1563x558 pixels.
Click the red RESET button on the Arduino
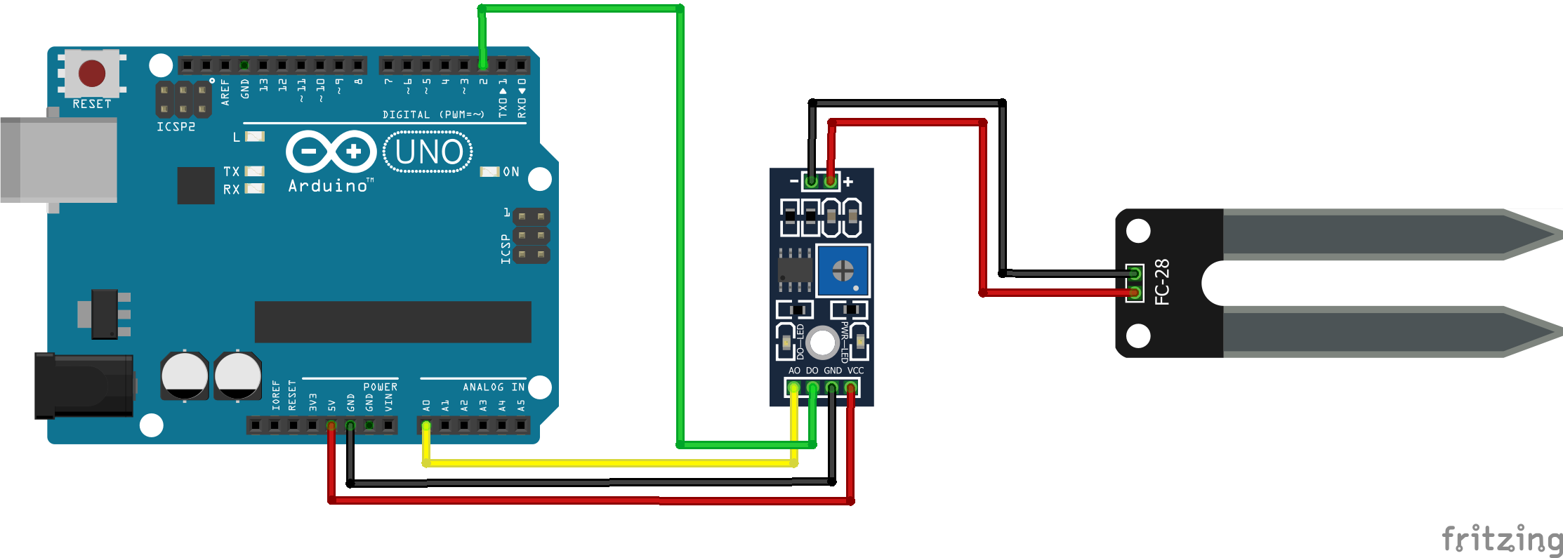[x=92, y=72]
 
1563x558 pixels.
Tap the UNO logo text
[x=428, y=152]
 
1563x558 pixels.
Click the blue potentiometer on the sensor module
[x=843, y=270]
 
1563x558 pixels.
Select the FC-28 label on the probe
[x=1163, y=281]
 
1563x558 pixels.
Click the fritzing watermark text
[x=1501, y=539]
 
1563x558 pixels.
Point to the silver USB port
[x=59, y=160]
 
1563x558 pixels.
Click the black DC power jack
[x=84, y=385]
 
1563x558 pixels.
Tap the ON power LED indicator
[x=489, y=171]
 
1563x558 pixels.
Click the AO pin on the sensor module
[x=793, y=387]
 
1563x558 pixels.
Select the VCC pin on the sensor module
[x=850, y=387]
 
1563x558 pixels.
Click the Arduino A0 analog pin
[x=426, y=425]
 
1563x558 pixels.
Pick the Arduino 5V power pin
[x=331, y=425]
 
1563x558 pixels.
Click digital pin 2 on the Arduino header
[x=483, y=65]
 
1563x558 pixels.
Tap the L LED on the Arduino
[x=254, y=136]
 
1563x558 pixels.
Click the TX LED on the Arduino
[x=254, y=171]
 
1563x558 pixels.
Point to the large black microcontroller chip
[x=393, y=322]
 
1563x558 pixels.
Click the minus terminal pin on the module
[x=812, y=182]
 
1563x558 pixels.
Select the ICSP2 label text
[x=176, y=127]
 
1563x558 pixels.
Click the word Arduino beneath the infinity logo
[x=328, y=186]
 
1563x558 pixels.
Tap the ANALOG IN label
[x=494, y=387]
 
